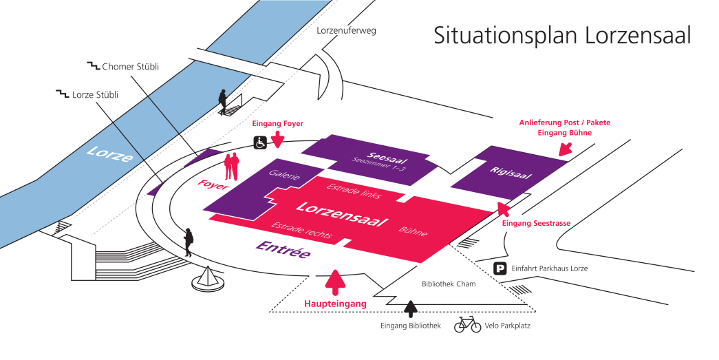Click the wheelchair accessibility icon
point(261,142)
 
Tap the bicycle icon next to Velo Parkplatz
point(467,325)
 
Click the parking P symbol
point(500,268)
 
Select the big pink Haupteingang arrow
point(336,282)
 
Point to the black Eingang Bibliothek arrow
point(410,309)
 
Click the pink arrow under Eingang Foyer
point(277,139)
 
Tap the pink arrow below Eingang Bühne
point(566,149)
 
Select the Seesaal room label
point(387,158)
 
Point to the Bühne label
point(413,231)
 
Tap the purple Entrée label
point(283,249)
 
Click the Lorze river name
point(110,153)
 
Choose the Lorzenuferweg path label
point(346,31)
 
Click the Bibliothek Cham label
point(449,284)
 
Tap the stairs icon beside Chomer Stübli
point(94,66)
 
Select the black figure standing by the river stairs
point(222,102)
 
